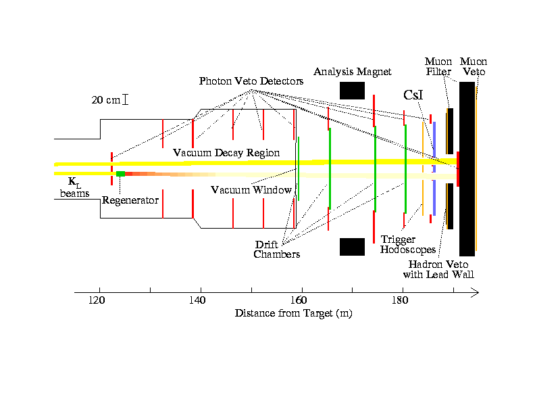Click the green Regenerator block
[x=120, y=174]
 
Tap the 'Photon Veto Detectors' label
[x=251, y=81]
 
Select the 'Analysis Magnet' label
[x=352, y=72]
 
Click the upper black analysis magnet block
[x=352, y=90]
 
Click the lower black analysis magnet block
[x=352, y=247]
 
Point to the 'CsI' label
[x=413, y=95]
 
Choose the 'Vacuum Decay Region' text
[x=226, y=153]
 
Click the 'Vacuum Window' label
[x=251, y=190]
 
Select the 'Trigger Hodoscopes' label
[x=408, y=245]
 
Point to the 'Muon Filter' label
[x=438, y=66]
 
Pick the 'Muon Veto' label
[x=472, y=66]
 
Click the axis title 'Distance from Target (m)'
[x=293, y=314]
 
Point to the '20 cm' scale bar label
[x=105, y=100]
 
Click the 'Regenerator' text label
[x=130, y=200]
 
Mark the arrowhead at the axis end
[x=476, y=293]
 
